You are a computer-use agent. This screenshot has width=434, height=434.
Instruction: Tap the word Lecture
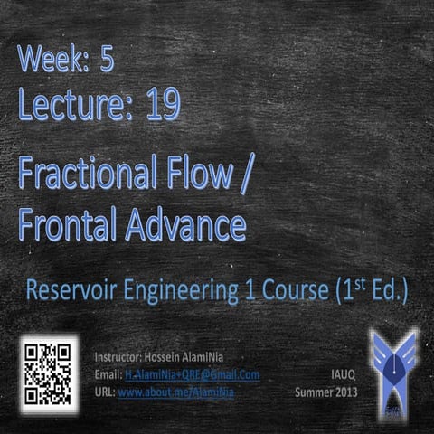coord(76,105)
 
